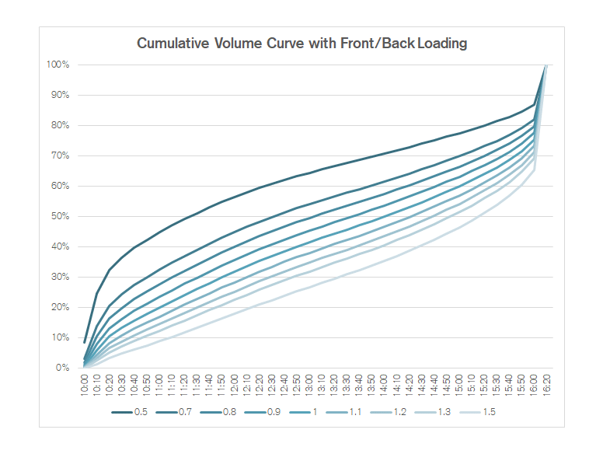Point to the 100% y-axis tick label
click(x=58, y=65)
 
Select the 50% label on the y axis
click(x=61, y=216)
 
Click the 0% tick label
click(x=63, y=368)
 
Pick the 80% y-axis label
click(x=61, y=125)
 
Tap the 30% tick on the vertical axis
click(x=61, y=277)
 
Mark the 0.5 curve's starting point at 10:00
click(x=85, y=342)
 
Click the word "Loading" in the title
click(x=442, y=44)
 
